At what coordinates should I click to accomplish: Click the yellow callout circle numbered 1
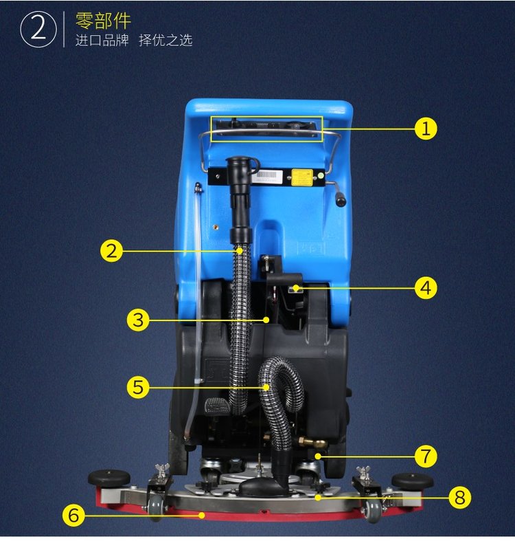pos(426,129)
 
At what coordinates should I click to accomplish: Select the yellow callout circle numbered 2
pos(111,251)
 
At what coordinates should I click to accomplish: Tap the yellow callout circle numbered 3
pos(138,320)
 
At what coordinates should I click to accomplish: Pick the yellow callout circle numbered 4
pos(426,287)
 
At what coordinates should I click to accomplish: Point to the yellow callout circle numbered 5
pos(138,387)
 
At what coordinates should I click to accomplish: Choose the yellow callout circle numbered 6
pos(73,515)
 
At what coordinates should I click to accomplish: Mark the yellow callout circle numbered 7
pos(426,456)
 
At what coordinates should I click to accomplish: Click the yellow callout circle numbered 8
pos(460,497)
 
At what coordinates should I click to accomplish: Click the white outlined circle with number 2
pos(38,30)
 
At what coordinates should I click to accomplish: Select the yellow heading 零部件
pos(103,21)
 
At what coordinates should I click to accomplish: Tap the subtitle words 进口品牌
pos(102,41)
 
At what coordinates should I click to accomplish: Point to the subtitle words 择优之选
pos(165,41)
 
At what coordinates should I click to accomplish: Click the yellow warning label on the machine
pos(302,177)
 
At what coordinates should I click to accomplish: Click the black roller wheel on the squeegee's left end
pos(109,478)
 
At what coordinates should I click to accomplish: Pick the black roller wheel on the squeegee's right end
pos(412,481)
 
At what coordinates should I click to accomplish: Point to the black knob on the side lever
pos(341,201)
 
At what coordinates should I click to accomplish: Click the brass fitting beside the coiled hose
pos(311,441)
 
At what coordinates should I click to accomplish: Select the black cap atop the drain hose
pos(238,162)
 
